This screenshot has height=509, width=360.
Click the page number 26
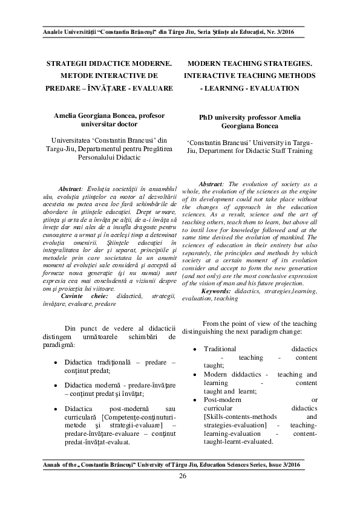182,476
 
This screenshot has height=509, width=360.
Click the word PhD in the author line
207,117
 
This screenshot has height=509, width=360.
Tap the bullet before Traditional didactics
194,349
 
